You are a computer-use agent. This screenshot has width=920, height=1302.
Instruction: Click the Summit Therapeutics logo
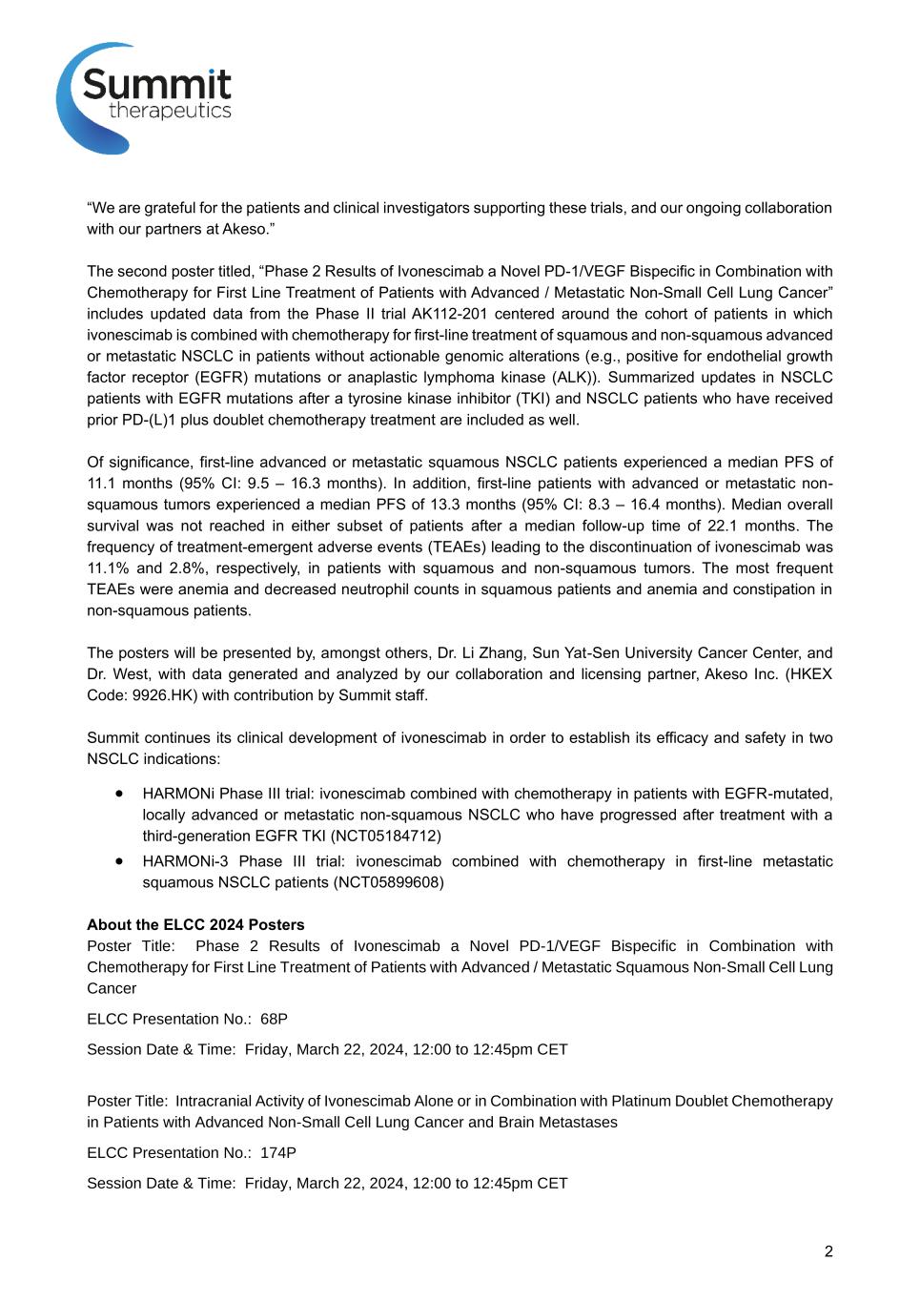pyautogui.click(x=144, y=97)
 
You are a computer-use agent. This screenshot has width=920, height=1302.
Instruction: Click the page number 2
pyautogui.click(x=828, y=1251)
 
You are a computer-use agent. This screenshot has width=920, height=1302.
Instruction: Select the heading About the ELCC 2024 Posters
pyautogui.click(x=195, y=924)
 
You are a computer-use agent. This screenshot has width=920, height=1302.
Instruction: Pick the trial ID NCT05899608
pyautogui.click(x=388, y=882)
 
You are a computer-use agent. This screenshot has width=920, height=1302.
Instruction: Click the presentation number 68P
pyautogui.click(x=274, y=1019)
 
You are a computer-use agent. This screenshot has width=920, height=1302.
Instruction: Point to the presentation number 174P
pyautogui.click(x=278, y=1152)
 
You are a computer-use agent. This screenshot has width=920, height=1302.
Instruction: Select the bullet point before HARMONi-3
pyautogui.click(x=119, y=860)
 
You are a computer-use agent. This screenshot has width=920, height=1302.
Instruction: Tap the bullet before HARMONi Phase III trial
pyautogui.click(x=119, y=793)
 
